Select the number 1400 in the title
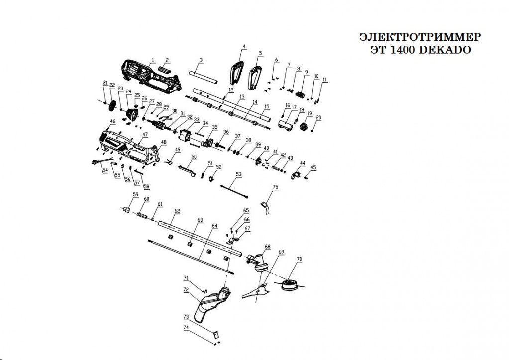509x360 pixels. (x=401, y=50)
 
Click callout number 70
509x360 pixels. (x=299, y=259)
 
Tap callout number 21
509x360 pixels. (x=105, y=82)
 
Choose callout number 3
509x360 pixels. (x=201, y=60)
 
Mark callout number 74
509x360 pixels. (x=186, y=328)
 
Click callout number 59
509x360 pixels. (x=135, y=194)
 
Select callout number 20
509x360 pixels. (x=318, y=117)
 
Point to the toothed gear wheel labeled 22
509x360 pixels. (x=112, y=105)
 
